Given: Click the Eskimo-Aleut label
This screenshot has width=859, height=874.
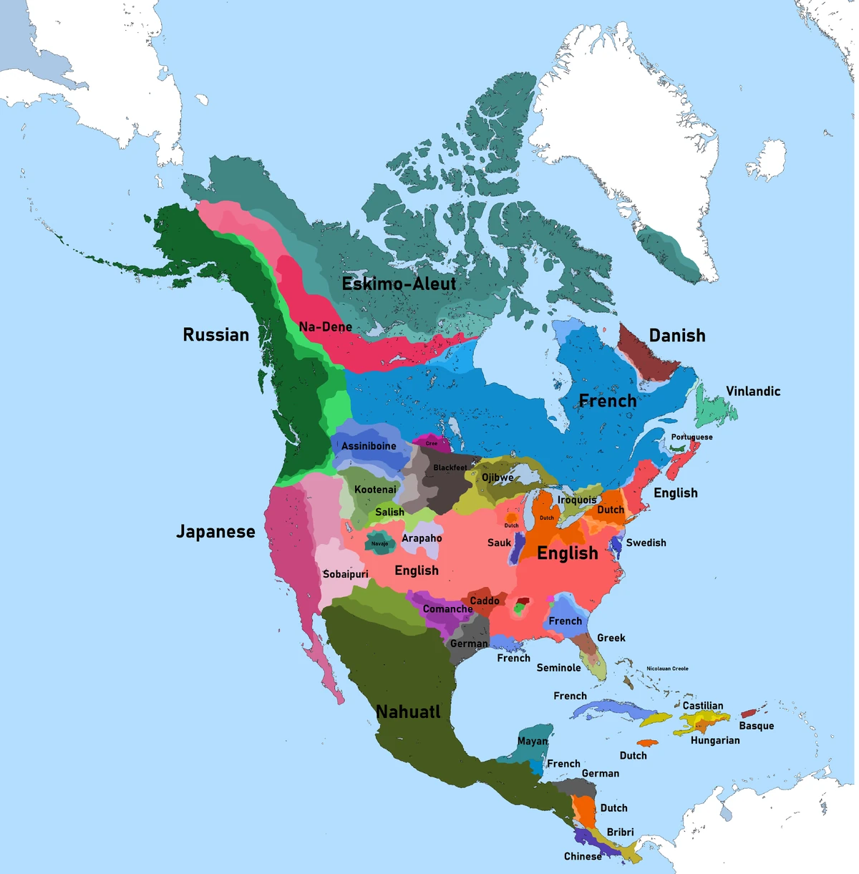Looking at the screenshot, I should pyautogui.click(x=399, y=284).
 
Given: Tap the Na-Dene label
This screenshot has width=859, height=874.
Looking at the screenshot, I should pyautogui.click(x=325, y=327).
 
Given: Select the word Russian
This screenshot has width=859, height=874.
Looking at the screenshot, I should pyautogui.click(x=216, y=335).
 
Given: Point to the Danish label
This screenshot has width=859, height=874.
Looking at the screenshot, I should pyautogui.click(x=676, y=336).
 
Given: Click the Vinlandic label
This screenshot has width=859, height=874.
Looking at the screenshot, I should pyautogui.click(x=753, y=392).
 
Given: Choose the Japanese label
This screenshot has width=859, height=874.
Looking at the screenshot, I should pyautogui.click(x=215, y=532).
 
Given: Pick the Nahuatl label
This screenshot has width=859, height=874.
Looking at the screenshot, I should pyautogui.click(x=408, y=712).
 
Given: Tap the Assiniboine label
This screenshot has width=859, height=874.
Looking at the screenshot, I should pyautogui.click(x=369, y=446).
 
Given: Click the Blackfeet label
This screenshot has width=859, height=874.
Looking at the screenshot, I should pyautogui.click(x=450, y=468).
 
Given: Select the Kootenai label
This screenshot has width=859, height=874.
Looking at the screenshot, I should pyautogui.click(x=375, y=490).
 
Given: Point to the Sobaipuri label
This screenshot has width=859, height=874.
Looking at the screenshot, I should pyautogui.click(x=345, y=574).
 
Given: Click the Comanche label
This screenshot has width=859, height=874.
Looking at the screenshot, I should pyautogui.click(x=447, y=609).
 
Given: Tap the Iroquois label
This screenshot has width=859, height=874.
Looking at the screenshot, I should pyautogui.click(x=577, y=500).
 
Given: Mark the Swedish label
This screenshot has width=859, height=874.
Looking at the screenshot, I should pyautogui.click(x=646, y=543).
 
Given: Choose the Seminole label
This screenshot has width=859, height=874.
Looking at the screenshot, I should pyautogui.click(x=558, y=668).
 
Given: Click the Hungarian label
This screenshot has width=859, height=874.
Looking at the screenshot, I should pyautogui.click(x=715, y=740).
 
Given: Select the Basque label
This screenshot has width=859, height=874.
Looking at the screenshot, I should pyautogui.click(x=756, y=726).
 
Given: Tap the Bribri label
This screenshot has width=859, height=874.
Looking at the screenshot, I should pyautogui.click(x=620, y=832).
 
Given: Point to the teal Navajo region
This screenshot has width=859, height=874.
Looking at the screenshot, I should pyautogui.click(x=379, y=543).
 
